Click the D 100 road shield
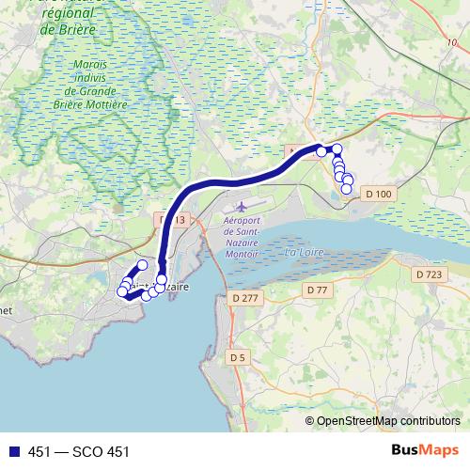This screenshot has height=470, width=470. pos(378,194)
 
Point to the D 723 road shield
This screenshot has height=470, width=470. pos(428,274)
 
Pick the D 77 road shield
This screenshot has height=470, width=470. pos(318,290)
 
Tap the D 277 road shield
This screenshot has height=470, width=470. pos(243,298)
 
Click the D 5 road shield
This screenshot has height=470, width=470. pos(237,357)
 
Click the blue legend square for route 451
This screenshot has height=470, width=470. pos(11,452)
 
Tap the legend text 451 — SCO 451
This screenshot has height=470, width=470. pos(78,452)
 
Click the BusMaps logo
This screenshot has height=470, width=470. pos(424,451)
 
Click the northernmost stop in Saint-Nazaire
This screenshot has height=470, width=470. pos(142,265)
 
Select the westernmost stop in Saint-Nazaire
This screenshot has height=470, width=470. pos(121,292)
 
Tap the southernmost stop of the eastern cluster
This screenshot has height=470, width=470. pos(346,189)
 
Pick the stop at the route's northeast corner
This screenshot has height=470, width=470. pos(337,149)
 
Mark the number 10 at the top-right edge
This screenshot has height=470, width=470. pos(453,43)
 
